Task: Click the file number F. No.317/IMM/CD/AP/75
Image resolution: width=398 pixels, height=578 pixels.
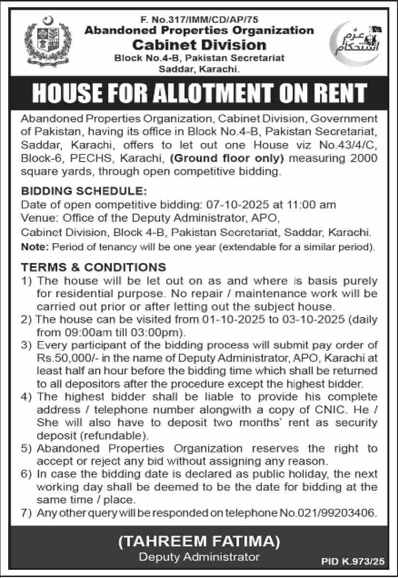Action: tap(199, 20)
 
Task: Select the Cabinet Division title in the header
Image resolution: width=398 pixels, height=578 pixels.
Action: tap(199, 45)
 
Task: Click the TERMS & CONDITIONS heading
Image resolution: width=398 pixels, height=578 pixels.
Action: tap(93, 267)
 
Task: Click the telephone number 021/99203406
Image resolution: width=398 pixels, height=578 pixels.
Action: tap(333, 513)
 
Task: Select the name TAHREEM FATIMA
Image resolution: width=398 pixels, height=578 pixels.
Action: tap(199, 542)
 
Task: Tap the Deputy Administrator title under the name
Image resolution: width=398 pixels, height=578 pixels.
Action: tap(199, 557)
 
